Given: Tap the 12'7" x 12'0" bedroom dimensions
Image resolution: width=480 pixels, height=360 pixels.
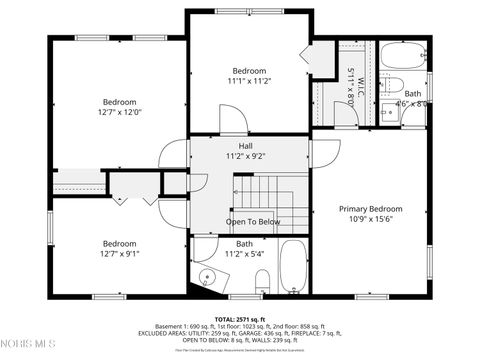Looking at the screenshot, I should point(119,112).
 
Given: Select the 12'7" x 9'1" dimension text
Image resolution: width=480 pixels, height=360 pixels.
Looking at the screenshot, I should point(119,254).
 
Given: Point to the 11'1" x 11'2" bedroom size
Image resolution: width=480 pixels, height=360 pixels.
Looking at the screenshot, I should point(249,81).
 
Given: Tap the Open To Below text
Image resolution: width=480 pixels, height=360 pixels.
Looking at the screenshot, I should point(253,221).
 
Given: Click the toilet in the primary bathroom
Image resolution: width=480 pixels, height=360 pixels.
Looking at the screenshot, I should point(394,83).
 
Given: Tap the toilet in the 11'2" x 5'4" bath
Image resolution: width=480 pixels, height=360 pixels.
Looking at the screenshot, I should point(262,281).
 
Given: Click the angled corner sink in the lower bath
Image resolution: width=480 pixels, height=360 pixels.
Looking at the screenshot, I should point(207,277).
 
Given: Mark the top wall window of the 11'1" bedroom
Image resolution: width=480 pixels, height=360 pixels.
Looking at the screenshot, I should point(249,11).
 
